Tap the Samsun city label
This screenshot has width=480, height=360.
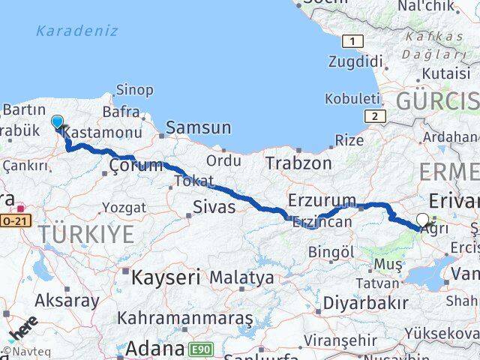pos(198,128)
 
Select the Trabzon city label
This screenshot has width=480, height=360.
pos(298,163)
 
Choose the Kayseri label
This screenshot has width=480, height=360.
pos(166,277)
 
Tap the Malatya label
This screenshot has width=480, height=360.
pos(241,278)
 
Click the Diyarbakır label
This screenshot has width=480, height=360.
pos(367,303)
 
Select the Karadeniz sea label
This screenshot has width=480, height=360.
pos(77,31)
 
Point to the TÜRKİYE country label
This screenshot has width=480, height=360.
pos(87,234)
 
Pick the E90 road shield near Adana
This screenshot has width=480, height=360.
pos(200,349)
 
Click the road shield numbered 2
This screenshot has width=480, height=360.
pos(373,115)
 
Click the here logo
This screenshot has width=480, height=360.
pos(22,332)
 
